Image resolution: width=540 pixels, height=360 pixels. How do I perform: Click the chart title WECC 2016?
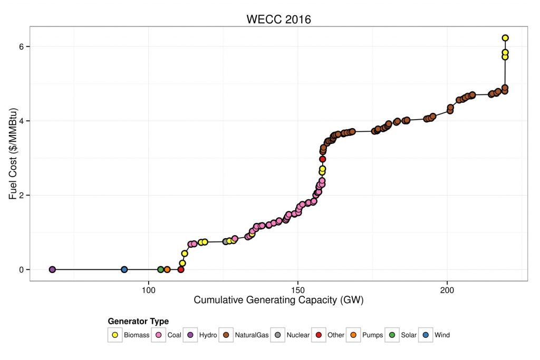[278, 20]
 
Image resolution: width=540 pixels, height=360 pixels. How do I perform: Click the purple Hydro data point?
[52, 269]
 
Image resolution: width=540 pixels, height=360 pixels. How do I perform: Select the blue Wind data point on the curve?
[124, 269]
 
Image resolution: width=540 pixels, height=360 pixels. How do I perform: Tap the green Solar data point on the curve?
[160, 269]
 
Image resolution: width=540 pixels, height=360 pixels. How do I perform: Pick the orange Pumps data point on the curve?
[167, 269]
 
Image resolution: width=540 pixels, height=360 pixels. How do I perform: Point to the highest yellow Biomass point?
[505, 38]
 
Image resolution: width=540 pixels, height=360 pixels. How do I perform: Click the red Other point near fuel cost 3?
[323, 159]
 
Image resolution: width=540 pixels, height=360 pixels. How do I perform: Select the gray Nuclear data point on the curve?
[226, 241]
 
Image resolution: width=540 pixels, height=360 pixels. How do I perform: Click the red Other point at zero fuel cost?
[181, 269]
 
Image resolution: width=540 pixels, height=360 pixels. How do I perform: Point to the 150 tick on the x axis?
[298, 289]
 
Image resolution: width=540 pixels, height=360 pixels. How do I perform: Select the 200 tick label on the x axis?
[447, 289]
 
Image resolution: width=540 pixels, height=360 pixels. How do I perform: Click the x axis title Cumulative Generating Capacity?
[278, 300]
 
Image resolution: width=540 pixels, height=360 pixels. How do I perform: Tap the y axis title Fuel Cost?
[13, 158]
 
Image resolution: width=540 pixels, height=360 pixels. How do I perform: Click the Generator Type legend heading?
[138, 321]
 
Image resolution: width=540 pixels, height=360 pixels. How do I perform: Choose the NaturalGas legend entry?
[245, 335]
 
